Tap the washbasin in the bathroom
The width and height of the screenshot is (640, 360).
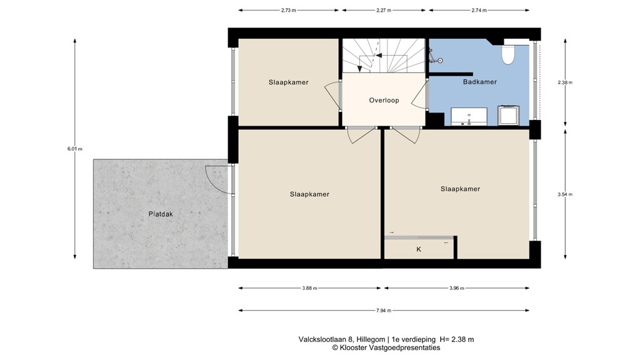point(469,116)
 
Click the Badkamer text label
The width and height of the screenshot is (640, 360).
point(479,82)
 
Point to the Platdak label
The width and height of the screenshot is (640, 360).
point(161,214)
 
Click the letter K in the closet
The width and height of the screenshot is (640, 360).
point(419,249)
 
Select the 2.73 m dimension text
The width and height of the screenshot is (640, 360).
point(288,11)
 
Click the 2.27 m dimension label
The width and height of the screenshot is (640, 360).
point(384,11)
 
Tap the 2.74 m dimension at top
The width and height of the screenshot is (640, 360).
point(479,11)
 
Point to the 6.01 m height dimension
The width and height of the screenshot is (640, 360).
point(75,149)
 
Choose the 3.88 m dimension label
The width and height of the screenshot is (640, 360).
point(309,288)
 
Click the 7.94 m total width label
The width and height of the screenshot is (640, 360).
point(383,310)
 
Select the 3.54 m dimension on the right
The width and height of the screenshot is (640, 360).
point(565,195)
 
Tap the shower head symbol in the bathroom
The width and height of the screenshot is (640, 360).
point(439,60)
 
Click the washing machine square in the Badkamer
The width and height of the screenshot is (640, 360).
point(509,116)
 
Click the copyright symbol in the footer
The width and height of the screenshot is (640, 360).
point(335,347)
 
